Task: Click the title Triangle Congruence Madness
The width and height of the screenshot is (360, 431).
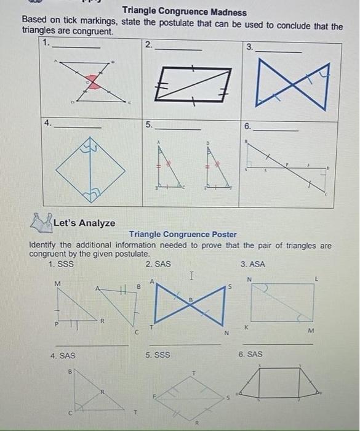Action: [185, 12]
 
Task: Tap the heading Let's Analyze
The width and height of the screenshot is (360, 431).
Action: [84, 223]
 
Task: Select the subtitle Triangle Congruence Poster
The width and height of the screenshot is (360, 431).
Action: [183, 234]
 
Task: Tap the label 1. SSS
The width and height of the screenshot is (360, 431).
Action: [62, 265]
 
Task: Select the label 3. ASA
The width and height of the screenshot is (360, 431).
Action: [253, 265]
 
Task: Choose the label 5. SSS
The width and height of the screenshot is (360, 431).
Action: [158, 355]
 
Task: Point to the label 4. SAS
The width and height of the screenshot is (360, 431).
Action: [63, 355]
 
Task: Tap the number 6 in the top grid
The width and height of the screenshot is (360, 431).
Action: [247, 126]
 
